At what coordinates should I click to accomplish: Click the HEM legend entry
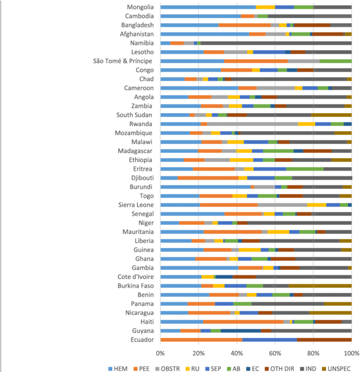[x=118, y=368]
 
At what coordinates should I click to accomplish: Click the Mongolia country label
[x=140, y=7]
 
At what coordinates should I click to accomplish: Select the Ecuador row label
[x=142, y=340]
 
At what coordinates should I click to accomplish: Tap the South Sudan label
[x=135, y=115]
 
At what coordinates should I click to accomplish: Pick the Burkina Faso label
[x=135, y=286]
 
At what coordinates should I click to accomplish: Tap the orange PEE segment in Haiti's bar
[x=243, y=321]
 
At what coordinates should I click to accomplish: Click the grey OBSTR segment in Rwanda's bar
[x=252, y=124]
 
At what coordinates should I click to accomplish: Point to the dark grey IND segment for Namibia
[x=274, y=43]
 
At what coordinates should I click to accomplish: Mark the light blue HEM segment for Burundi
[x=206, y=187]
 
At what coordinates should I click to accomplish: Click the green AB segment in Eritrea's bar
[x=305, y=169]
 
